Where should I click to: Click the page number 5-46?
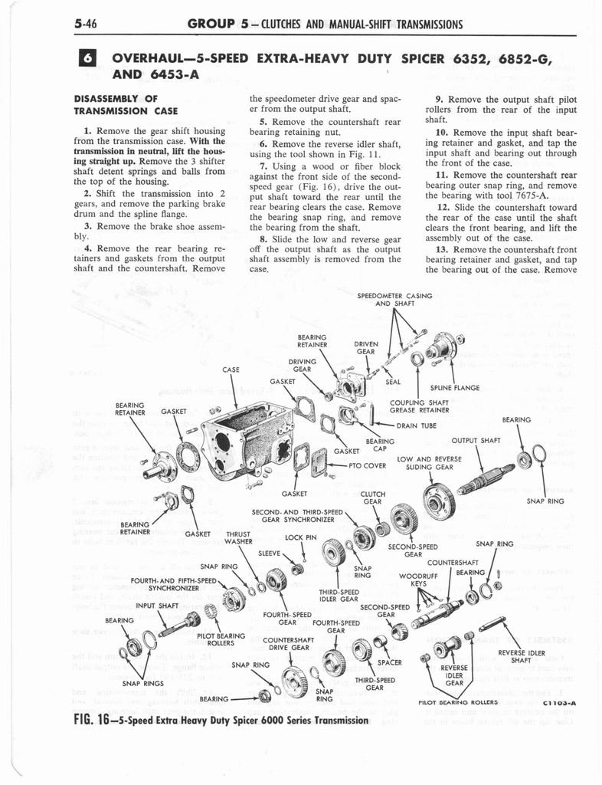coord(90,24)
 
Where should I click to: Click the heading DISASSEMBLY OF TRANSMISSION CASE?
coord(126,104)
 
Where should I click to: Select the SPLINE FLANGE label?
coord(455,388)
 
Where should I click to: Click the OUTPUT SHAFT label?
coord(476,440)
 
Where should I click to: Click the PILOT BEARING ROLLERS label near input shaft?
coord(221,639)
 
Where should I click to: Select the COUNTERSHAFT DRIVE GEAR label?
coord(285,645)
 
